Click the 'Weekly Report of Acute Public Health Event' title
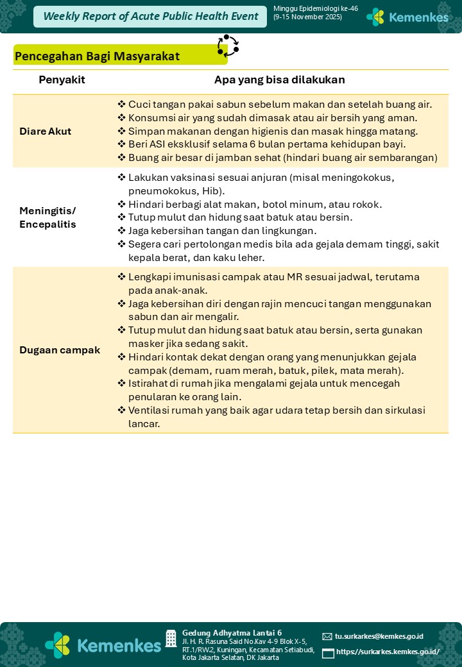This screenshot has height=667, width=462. click(x=151, y=17)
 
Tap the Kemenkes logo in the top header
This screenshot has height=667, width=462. click(x=407, y=17)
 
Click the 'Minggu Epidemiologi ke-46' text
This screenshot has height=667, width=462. click(x=315, y=8)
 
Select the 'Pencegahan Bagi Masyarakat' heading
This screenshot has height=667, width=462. click(x=97, y=56)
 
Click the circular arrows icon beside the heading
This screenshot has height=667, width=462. click(x=228, y=46)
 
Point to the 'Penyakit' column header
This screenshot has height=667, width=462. click(x=62, y=80)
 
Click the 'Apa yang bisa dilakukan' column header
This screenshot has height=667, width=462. click(x=279, y=80)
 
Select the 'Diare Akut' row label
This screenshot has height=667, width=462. click(x=46, y=131)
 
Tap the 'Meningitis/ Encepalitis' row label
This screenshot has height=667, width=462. click(x=47, y=217)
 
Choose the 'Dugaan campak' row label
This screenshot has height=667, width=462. click(x=60, y=350)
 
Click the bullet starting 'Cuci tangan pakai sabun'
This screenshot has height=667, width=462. click(x=280, y=105)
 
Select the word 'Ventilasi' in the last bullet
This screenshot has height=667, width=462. click(x=151, y=410)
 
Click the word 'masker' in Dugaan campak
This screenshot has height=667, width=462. click(x=145, y=344)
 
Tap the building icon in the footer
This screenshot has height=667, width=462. click(x=171, y=638)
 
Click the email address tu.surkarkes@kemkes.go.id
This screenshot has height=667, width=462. click(x=379, y=636)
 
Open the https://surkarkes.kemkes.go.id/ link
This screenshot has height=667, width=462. click(x=388, y=652)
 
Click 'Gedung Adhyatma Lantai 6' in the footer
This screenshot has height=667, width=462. click(x=232, y=632)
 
